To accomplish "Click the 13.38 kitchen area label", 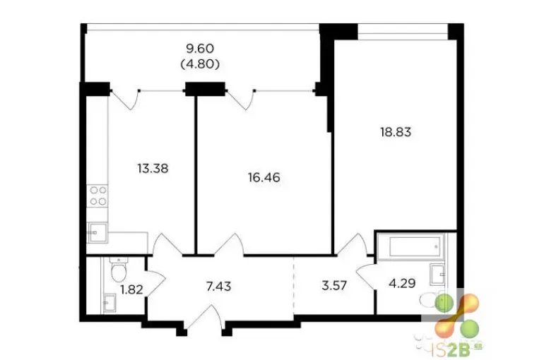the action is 153,169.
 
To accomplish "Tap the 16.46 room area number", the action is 264,178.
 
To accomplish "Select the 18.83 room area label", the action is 396,132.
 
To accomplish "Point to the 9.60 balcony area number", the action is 200,49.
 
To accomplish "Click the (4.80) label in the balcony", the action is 200,64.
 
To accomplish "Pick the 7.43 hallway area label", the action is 218,287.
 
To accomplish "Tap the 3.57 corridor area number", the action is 334,286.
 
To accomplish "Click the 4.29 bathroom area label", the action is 402,284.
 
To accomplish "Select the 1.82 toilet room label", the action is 131,289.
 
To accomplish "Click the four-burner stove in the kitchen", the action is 98,196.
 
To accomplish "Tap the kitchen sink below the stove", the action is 97,232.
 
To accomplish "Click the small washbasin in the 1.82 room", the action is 110,302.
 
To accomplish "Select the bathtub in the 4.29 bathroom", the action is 410,246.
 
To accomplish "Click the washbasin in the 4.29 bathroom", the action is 438,274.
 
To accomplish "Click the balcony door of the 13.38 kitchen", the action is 126,100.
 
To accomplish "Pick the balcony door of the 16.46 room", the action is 241,100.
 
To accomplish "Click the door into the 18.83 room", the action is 352,245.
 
